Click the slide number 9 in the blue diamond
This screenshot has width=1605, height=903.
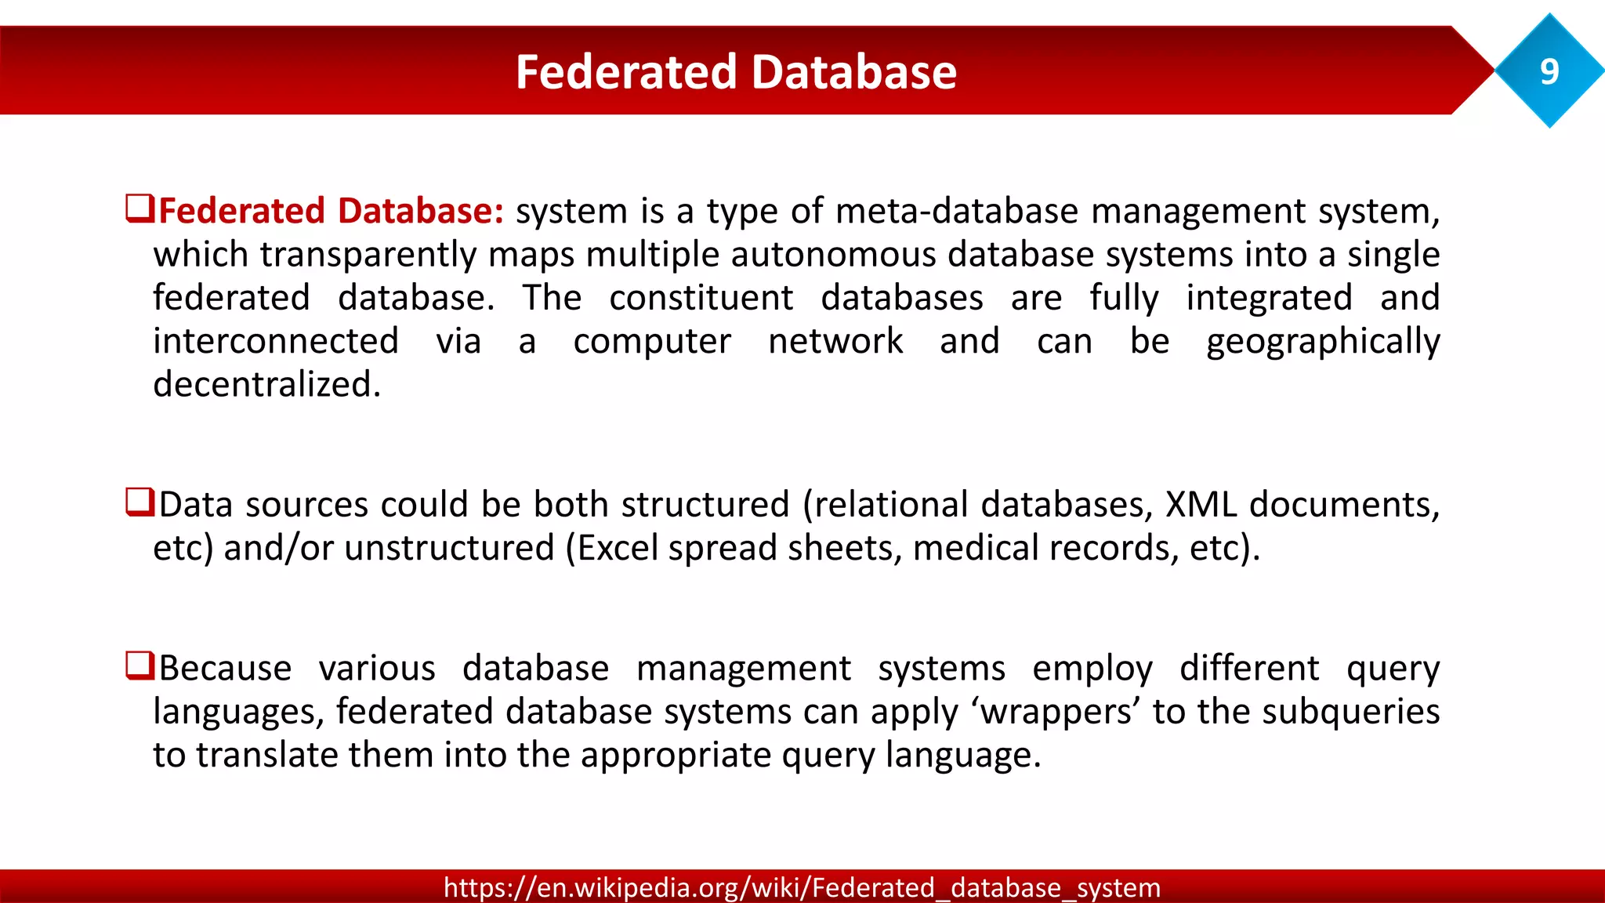tap(1549, 71)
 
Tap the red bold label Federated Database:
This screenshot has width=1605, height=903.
tap(331, 211)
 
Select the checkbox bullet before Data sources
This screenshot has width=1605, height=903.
tap(139, 502)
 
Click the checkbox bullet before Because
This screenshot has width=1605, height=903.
tap(139, 665)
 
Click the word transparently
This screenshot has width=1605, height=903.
tap(368, 255)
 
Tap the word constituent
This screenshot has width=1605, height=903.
tap(701, 298)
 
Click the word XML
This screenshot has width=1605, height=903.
tap(1201, 504)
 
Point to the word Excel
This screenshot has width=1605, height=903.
tap(618, 547)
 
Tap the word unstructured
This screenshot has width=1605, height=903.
tap(449, 547)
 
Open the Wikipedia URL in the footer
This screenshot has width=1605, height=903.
tap(802, 887)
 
